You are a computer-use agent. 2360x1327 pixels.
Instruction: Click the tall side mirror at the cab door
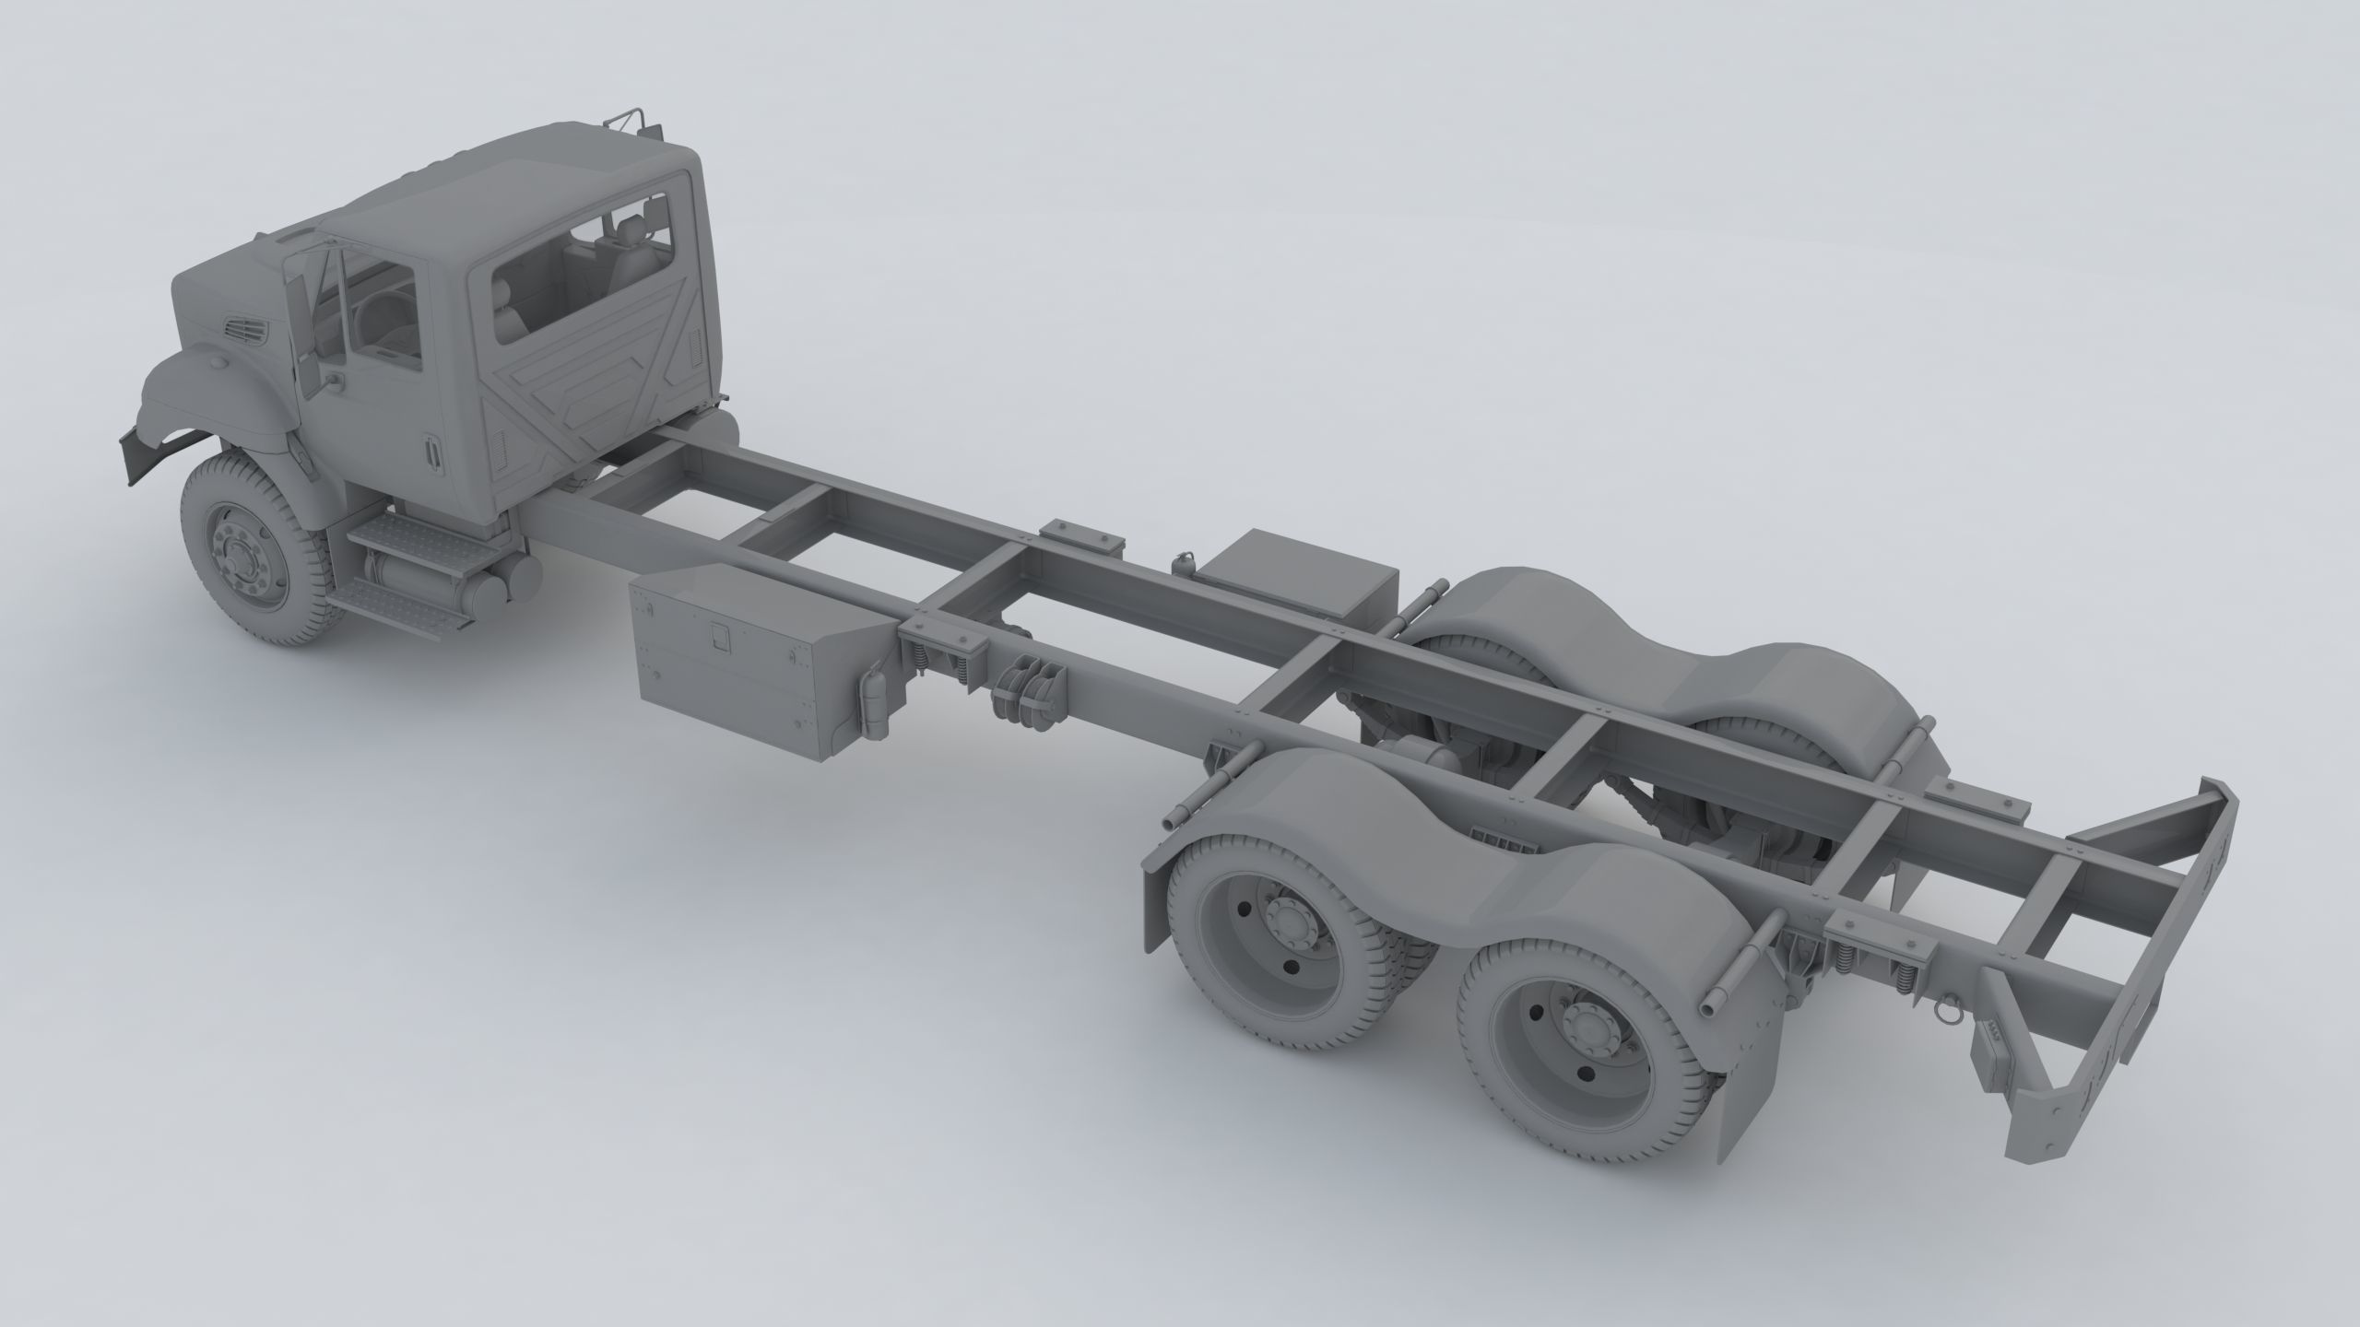click(x=299, y=323)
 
